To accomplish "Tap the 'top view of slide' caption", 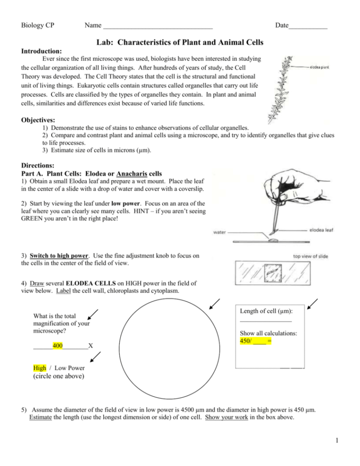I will pos(310,256).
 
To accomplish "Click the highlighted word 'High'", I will pos(40,368).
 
